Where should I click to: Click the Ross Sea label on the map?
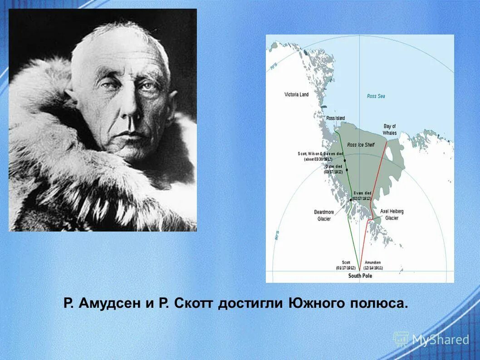pos(376,96)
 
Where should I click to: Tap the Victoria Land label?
pos(296,94)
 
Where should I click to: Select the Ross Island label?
pos(335,118)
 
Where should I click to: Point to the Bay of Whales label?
pos(390,129)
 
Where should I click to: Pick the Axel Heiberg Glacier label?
pos(392,215)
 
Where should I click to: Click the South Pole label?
pos(360,276)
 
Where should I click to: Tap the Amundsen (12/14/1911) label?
pos(373,266)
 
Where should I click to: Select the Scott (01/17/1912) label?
pos(346,266)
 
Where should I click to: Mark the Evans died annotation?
pos(362,196)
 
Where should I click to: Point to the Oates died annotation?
pos(333,169)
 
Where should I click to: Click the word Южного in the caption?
pos(318,304)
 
